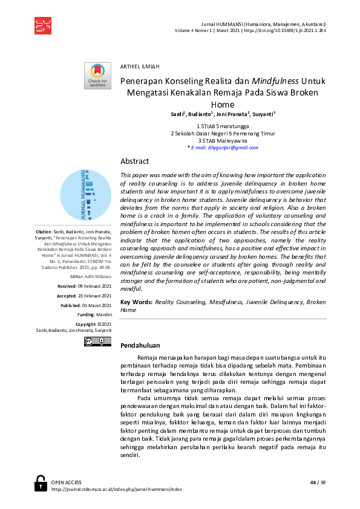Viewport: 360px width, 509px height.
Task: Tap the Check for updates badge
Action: [97, 76]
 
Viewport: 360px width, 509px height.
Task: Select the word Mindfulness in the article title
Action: [275, 80]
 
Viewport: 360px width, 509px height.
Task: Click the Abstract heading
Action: [134, 161]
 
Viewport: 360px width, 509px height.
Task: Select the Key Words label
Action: [136, 301]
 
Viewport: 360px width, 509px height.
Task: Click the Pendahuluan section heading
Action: [140, 346]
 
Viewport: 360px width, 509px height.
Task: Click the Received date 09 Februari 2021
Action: [94, 286]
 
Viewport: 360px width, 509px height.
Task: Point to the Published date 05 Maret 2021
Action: [95, 305]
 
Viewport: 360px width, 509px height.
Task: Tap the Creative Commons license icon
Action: [97, 342]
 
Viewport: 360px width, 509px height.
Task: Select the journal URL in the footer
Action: [117, 488]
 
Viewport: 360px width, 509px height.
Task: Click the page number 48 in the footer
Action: [313, 482]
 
